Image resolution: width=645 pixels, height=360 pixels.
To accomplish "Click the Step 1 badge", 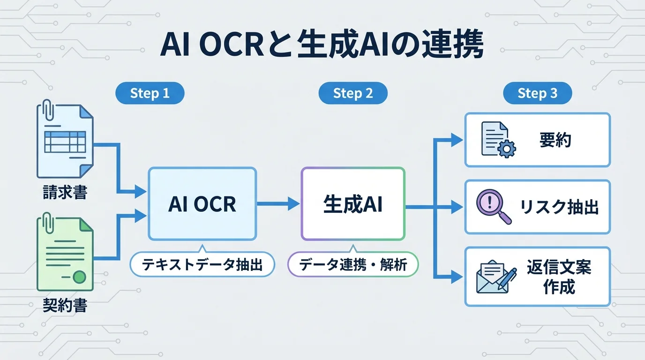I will coord(150,93).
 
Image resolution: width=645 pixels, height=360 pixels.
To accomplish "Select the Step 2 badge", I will coord(352,93).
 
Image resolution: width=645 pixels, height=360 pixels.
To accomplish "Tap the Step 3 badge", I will coord(537,93).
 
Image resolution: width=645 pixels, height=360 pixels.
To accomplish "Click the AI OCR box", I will coord(202,204).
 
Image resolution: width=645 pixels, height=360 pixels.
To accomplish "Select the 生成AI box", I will coord(352,204).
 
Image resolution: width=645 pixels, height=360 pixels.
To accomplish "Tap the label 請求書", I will coord(65,193).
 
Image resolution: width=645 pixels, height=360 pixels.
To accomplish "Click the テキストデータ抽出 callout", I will coord(202,265).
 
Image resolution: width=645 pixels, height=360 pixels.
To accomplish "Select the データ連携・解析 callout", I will coord(352,265).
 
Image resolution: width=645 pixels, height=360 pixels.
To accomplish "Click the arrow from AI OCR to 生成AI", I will coord(278,204).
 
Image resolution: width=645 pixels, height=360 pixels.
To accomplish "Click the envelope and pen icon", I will coord(496,278).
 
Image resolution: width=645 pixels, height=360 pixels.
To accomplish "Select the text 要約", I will coord(555,140).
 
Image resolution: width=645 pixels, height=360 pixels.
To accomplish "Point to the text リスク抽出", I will coord(559,207).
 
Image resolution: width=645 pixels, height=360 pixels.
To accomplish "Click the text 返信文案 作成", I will coord(559,277).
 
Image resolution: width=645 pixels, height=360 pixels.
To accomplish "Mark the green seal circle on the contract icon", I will coord(80,277).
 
